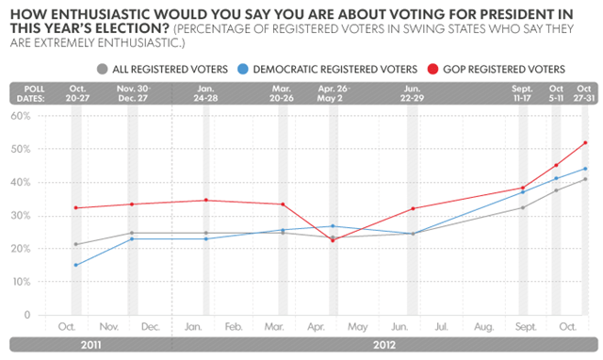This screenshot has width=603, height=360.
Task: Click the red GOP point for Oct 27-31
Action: click(585, 142)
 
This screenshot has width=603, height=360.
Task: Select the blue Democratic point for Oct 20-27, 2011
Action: click(75, 265)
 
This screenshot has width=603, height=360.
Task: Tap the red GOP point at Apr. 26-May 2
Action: click(333, 240)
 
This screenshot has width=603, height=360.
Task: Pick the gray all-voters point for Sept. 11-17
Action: click(523, 207)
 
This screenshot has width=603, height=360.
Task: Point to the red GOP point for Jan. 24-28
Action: click(206, 200)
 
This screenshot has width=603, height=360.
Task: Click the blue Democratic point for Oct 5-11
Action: click(556, 178)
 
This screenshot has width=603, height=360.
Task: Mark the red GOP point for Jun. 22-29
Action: click(413, 208)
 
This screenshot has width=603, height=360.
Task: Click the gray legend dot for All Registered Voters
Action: click(103, 69)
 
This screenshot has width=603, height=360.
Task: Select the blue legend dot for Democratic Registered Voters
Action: click(243, 69)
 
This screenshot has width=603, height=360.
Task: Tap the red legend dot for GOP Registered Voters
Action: click(433, 69)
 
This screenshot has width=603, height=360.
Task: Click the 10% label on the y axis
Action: click(21, 282)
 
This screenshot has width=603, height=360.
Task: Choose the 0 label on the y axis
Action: click(27, 315)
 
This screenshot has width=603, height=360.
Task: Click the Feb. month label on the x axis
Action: click(234, 327)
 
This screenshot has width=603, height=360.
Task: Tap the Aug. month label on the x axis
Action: click(483, 327)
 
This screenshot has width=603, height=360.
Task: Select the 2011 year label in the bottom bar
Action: click(91, 345)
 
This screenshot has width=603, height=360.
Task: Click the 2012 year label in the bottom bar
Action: click(384, 345)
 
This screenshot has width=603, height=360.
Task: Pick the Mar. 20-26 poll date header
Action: click(282, 93)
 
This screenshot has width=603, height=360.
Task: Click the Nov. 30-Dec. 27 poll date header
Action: click(134, 93)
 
